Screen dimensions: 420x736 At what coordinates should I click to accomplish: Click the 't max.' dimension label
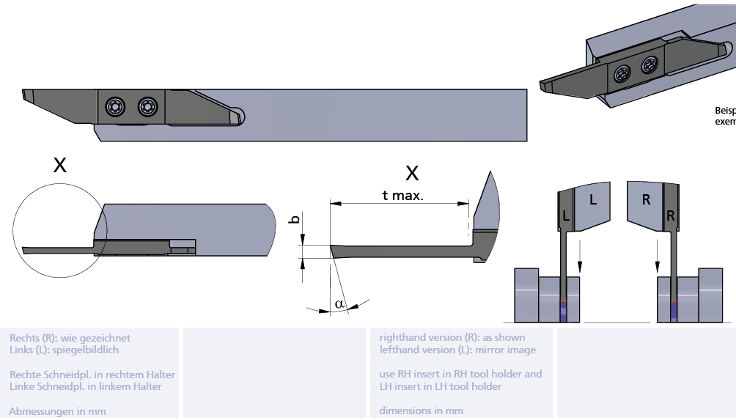pos(402,195)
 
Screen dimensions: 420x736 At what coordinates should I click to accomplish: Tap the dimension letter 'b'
pos(295,219)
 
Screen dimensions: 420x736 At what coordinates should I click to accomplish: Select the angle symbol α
pos(339,303)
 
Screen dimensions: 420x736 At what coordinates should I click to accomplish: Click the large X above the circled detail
pos(60,165)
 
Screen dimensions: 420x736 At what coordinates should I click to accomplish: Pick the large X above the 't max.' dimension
pos(412,173)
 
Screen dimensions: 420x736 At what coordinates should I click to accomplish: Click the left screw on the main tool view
pos(116,106)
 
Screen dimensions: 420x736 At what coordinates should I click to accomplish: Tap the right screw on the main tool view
pos(147,106)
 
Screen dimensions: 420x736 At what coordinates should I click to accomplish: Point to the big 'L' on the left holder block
pos(593,198)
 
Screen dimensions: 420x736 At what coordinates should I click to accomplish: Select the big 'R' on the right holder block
pos(646,199)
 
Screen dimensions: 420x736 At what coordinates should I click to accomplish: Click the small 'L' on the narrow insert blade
pos(566,215)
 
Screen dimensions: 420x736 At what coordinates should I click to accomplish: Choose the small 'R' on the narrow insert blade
pos(671,215)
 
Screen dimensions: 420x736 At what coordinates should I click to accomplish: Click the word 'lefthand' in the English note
pos(399,350)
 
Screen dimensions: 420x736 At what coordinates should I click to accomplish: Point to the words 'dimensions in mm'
pos(421,410)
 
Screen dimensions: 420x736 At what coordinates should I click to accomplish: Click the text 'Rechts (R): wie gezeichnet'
pos(70,338)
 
